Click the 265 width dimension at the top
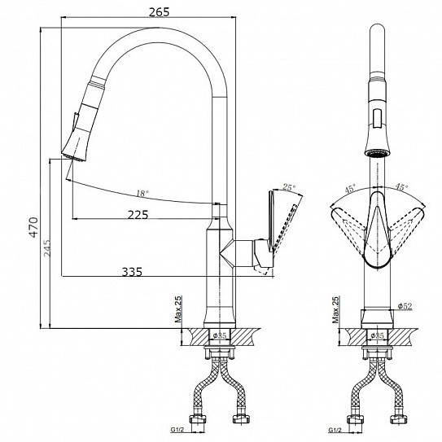[159, 12]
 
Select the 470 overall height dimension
[34, 227]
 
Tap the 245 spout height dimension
[46, 248]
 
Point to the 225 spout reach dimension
[138, 215]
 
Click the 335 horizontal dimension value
[132, 272]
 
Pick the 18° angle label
[142, 194]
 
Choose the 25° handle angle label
[289, 187]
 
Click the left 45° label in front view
[350, 188]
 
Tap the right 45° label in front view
[401, 186]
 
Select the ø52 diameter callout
[405, 306]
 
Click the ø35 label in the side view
[220, 335]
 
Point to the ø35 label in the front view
[377, 335]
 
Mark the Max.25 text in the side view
[178, 309]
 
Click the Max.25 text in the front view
[335, 309]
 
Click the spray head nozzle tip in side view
[72, 157]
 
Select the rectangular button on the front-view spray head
[377, 119]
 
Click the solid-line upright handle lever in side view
[271, 221]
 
